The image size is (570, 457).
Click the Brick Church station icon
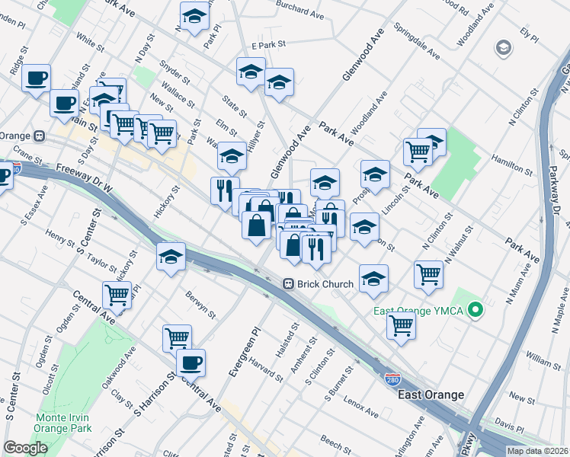point(289,284)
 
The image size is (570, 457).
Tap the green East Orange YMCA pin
point(476,310)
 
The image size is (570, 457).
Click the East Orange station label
point(431,395)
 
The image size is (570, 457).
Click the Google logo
point(25,448)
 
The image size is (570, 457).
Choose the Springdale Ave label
point(417,44)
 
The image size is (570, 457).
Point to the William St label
point(543,356)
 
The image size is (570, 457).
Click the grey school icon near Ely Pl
point(503,49)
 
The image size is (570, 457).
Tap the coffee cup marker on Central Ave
point(191,362)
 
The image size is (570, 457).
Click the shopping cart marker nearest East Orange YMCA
point(401,325)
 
